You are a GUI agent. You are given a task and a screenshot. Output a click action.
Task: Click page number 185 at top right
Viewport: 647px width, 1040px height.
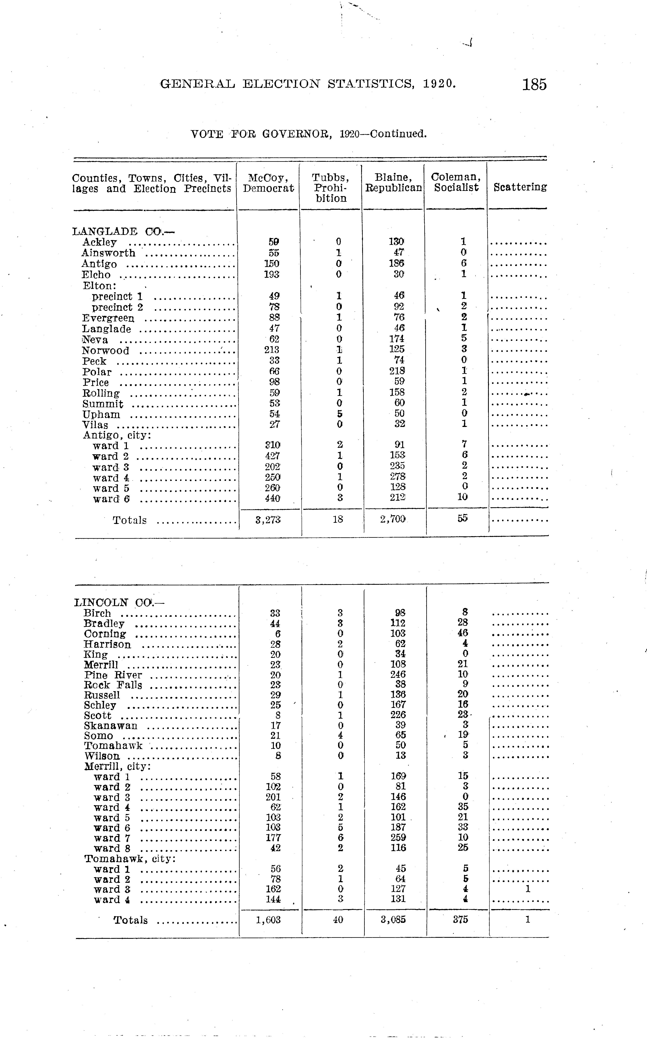click(534, 84)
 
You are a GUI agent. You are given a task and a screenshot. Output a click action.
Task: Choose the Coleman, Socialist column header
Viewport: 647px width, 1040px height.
click(456, 182)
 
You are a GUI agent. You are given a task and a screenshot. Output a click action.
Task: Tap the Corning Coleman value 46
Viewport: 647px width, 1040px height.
click(463, 633)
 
